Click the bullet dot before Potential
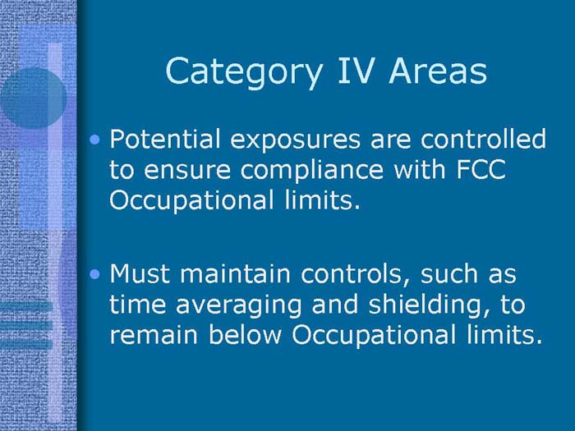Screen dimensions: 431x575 point(98,141)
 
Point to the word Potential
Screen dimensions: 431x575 point(163,140)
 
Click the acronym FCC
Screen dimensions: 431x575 point(490,169)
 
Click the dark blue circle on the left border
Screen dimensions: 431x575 point(31,98)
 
